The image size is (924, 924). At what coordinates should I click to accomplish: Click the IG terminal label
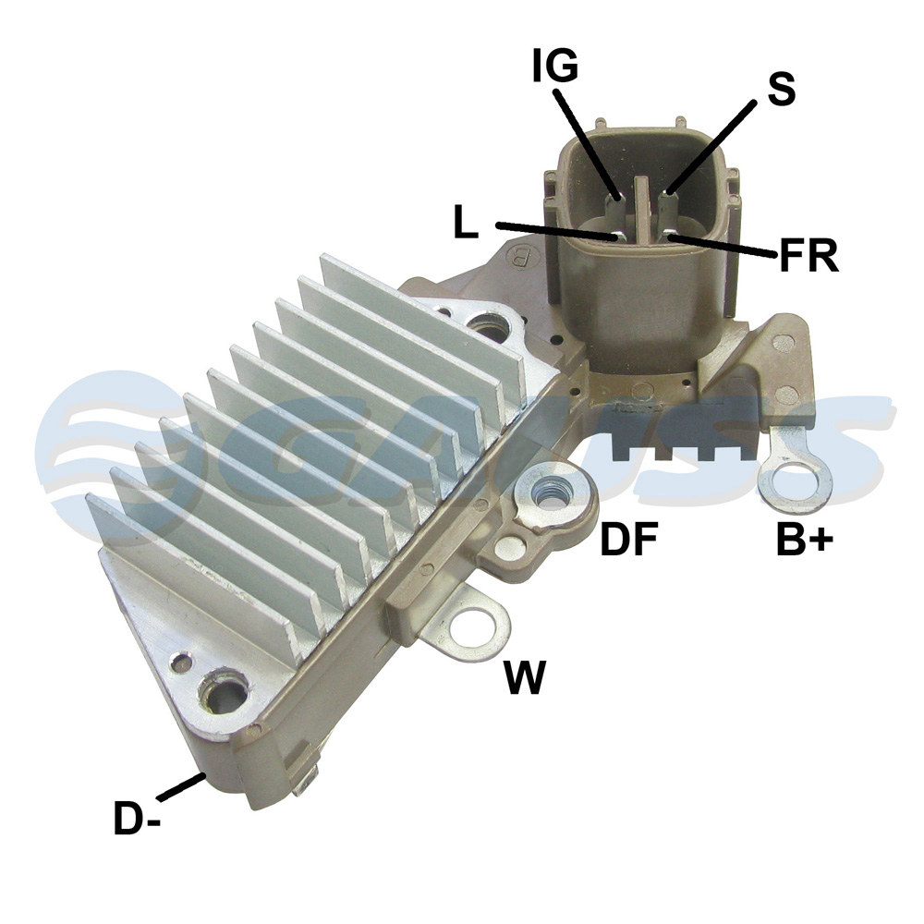555,65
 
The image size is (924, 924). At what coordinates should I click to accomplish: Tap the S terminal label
782,89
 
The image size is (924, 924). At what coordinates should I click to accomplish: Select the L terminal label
466,222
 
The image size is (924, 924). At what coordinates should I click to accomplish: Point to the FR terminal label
808,255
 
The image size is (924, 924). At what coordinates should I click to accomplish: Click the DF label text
628,539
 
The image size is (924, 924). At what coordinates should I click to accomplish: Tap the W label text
525,677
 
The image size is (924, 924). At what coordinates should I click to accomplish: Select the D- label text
137,819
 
